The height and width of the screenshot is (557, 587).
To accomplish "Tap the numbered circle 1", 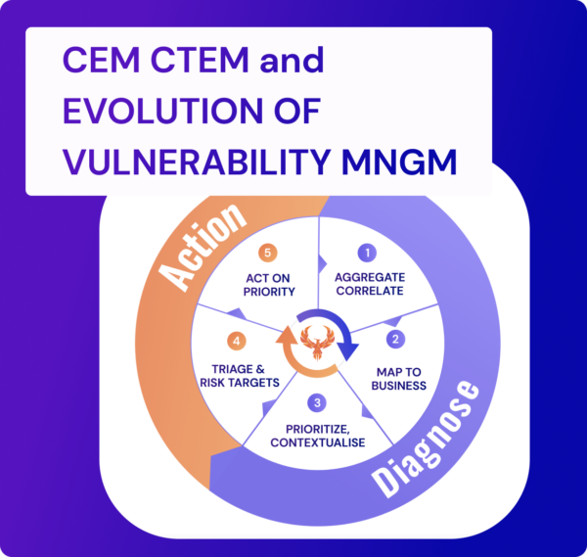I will tap(367, 253).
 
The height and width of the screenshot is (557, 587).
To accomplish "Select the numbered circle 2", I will tap(395, 340).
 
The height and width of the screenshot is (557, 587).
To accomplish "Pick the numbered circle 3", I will tap(313, 402).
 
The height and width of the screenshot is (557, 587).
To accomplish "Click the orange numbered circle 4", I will tap(236, 342).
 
